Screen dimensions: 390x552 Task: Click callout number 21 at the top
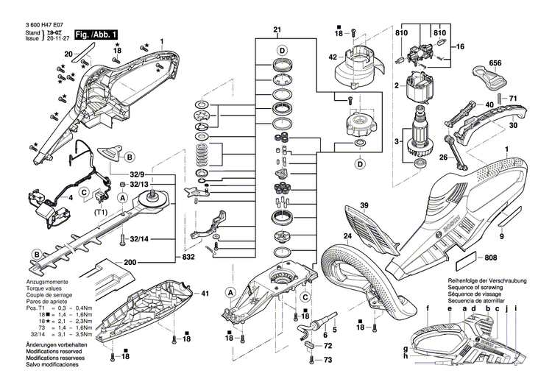277,30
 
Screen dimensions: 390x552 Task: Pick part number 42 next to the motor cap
333,57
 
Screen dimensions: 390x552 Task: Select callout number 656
495,64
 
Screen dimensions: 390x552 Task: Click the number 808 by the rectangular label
492,258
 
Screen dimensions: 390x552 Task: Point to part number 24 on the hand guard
346,237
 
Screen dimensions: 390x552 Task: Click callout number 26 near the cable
444,157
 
